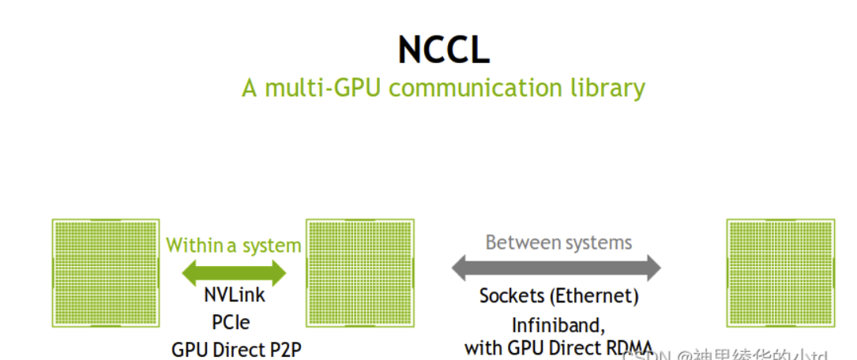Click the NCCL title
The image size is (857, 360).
pos(444,50)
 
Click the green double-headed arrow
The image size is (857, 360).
pos(234,272)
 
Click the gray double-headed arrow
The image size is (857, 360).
pos(556,268)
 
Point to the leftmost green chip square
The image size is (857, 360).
pos(105,272)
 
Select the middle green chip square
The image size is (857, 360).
pos(360,272)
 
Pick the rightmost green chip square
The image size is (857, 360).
pos(780,272)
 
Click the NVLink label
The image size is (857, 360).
pos(235,296)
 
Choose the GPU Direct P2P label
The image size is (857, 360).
pos(236,348)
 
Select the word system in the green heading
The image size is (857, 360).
pos(271,246)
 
